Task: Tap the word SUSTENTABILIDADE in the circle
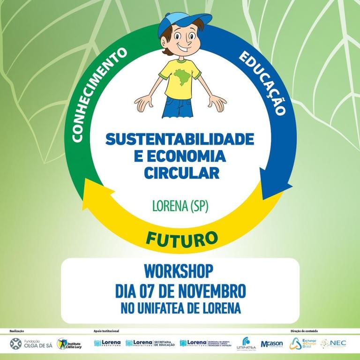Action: [x=180, y=139]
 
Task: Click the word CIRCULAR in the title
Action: [x=181, y=173]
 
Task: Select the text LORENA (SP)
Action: [x=180, y=205]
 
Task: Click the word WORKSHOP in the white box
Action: [x=180, y=271]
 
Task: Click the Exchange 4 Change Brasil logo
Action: [x=302, y=344]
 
